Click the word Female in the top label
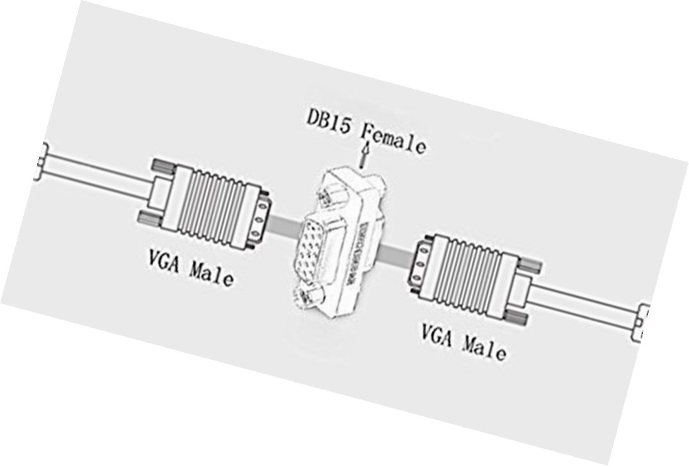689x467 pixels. coord(394,138)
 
